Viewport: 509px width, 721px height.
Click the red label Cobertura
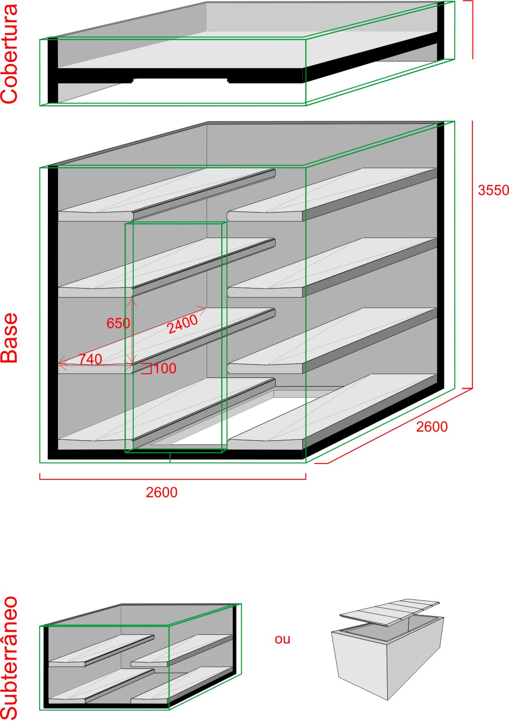click(10, 54)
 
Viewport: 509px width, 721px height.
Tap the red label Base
click(9, 338)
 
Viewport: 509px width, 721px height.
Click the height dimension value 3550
click(493, 190)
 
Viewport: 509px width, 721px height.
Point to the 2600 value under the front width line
click(161, 493)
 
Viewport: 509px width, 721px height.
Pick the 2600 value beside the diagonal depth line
click(431, 427)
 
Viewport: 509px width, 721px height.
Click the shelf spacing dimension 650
click(118, 323)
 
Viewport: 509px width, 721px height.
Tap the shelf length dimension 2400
click(182, 324)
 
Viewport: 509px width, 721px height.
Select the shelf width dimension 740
click(90, 359)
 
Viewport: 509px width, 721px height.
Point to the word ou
click(282, 639)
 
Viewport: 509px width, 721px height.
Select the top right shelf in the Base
click(332, 195)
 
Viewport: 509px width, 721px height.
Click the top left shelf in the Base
click(166, 195)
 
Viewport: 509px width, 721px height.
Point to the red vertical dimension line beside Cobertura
click(472, 30)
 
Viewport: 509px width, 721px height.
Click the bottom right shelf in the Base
click(332, 412)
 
